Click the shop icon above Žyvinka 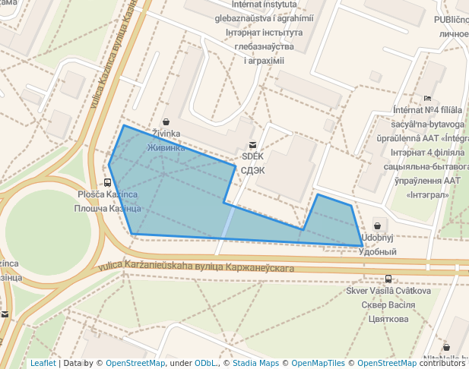[x=166, y=121]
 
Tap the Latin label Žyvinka [x=166, y=134]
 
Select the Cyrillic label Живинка [x=166, y=147]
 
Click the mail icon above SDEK [x=253, y=145]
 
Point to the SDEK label [x=253, y=157]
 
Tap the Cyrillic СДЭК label [x=253, y=170]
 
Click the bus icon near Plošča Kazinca [x=108, y=182]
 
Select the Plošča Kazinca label [x=108, y=195]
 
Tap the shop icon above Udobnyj [x=378, y=225]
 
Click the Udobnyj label [x=378, y=238]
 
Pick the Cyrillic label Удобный [x=378, y=251]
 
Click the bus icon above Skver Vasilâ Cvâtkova [x=389, y=279]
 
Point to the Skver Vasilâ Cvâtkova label [x=388, y=292]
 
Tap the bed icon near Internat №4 [x=428, y=98]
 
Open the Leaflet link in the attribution [x=43, y=363]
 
